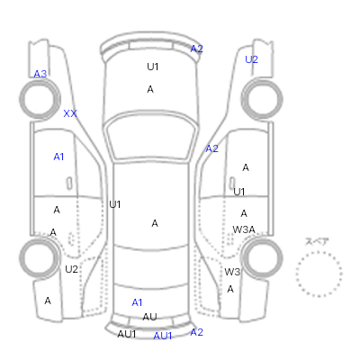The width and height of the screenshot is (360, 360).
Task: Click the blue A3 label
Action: (x=40, y=74)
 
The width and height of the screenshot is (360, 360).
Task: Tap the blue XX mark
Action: (x=70, y=113)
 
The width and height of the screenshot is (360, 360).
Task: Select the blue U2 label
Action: (x=251, y=59)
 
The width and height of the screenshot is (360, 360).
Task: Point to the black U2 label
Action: (x=71, y=269)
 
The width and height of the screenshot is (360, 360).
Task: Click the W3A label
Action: (x=244, y=229)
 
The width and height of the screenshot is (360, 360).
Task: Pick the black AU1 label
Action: (x=127, y=334)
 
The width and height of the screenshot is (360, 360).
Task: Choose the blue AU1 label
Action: (x=163, y=336)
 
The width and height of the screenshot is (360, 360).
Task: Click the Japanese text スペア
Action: (x=317, y=241)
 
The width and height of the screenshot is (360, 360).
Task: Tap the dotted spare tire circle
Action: (x=319, y=252)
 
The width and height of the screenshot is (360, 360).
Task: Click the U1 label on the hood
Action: (x=153, y=67)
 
